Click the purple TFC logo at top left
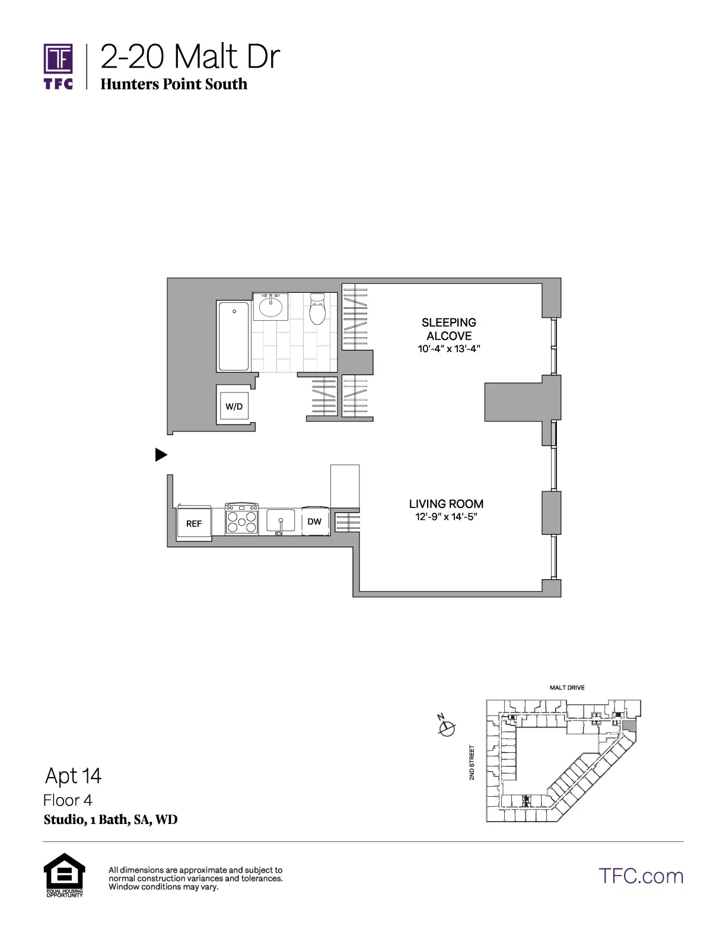58,65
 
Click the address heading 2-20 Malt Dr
190,58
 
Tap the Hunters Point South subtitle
174,84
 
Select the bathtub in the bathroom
233,336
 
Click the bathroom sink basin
272,307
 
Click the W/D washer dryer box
234,406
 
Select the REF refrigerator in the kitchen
194,523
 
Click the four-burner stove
241,519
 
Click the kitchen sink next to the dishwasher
280,521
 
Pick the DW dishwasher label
314,521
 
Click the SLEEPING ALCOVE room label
449,329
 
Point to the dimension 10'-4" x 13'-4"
449,349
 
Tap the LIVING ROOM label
446,504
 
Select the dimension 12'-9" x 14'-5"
446,517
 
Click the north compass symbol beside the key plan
446,727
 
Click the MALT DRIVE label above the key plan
567,688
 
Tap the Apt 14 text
74,775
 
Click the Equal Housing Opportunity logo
65,874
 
